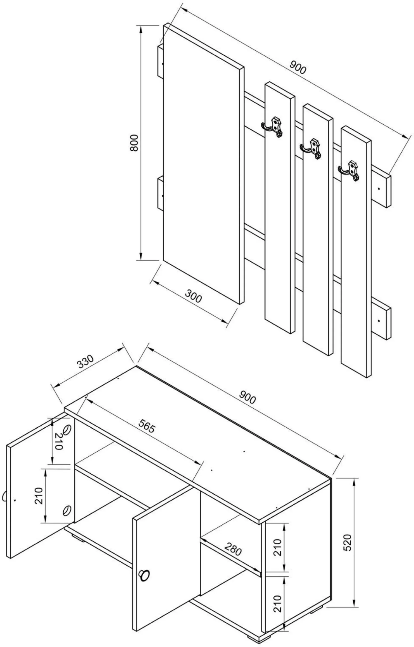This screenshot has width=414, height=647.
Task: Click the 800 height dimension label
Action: coord(134,143)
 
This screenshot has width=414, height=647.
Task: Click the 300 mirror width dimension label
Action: coord(193,296)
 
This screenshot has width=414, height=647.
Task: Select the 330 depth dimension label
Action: coord(85,361)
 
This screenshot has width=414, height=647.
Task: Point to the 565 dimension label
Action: coord(147,426)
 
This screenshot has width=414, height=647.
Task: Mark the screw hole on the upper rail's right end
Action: coord(379,189)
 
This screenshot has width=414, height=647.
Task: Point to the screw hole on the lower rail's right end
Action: coord(379,321)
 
